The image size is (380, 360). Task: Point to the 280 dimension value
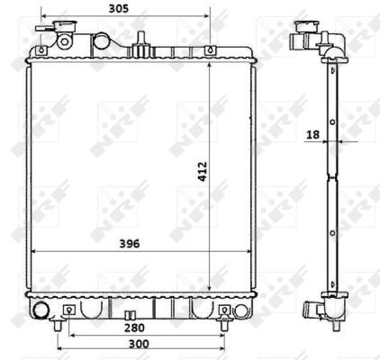pos(134,328)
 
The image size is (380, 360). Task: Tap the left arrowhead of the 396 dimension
pos(34,251)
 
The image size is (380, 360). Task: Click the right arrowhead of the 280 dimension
pos(221,336)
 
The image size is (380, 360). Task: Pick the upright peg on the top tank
pos(140,38)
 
